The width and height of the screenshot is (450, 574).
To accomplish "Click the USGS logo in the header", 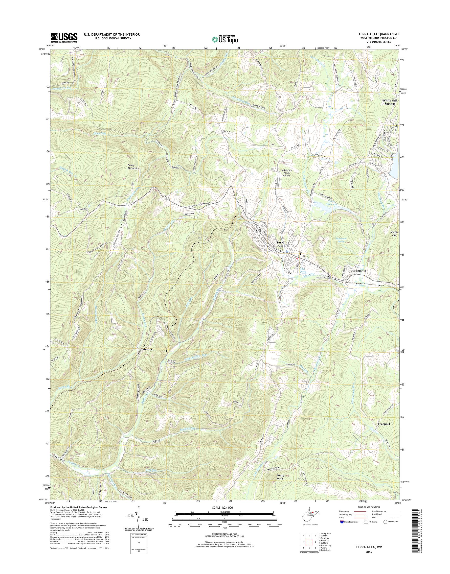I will point(64,38).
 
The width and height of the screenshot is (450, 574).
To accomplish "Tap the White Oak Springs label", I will point(390,102).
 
